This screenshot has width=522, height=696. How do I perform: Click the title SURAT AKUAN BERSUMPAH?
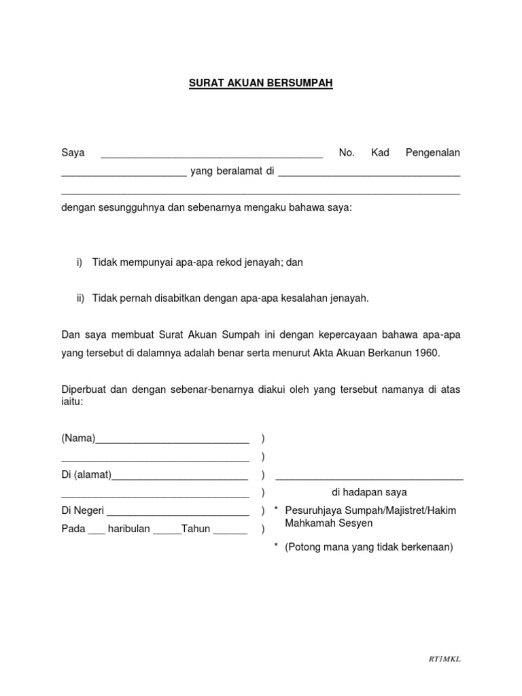[261, 84]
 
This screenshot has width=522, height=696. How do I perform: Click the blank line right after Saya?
[211, 156]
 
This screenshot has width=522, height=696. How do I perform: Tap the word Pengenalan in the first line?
[432, 153]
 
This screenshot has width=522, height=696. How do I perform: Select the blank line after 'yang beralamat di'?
[369, 175]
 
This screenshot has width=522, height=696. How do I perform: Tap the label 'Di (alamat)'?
[86, 474]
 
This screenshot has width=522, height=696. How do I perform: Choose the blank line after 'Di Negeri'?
[178, 513]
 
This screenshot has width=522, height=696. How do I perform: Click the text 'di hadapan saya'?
[369, 492]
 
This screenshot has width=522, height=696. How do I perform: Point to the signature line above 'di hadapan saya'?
[369, 479]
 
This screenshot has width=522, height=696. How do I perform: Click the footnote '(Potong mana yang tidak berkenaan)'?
[369, 546]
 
